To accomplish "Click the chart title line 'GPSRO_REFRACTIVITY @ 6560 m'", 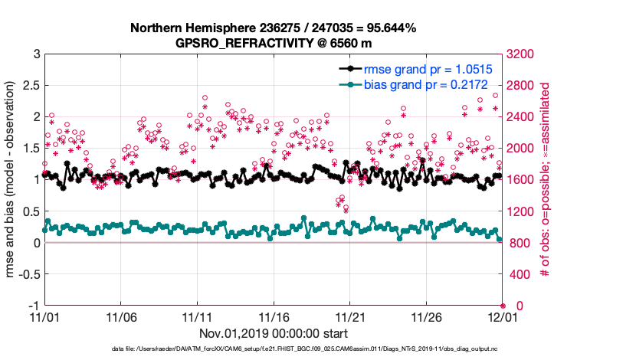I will pyautogui.click(x=273, y=43).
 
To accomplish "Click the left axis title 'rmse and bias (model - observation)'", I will pyautogui.click(x=13, y=179).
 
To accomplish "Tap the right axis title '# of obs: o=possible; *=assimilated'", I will pyautogui.click(x=546, y=179).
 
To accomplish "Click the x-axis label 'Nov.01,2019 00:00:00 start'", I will pyautogui.click(x=274, y=333).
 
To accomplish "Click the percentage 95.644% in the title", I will pyautogui.click(x=388, y=28).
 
